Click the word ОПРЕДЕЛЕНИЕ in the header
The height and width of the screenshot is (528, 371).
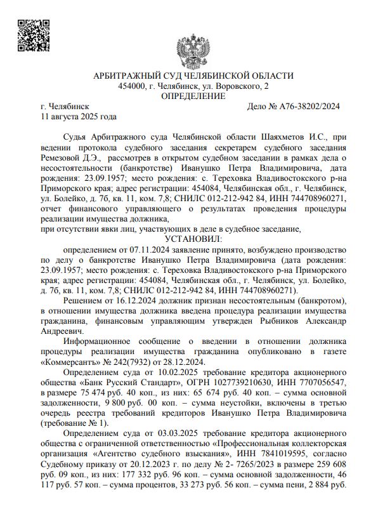click(193, 96)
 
